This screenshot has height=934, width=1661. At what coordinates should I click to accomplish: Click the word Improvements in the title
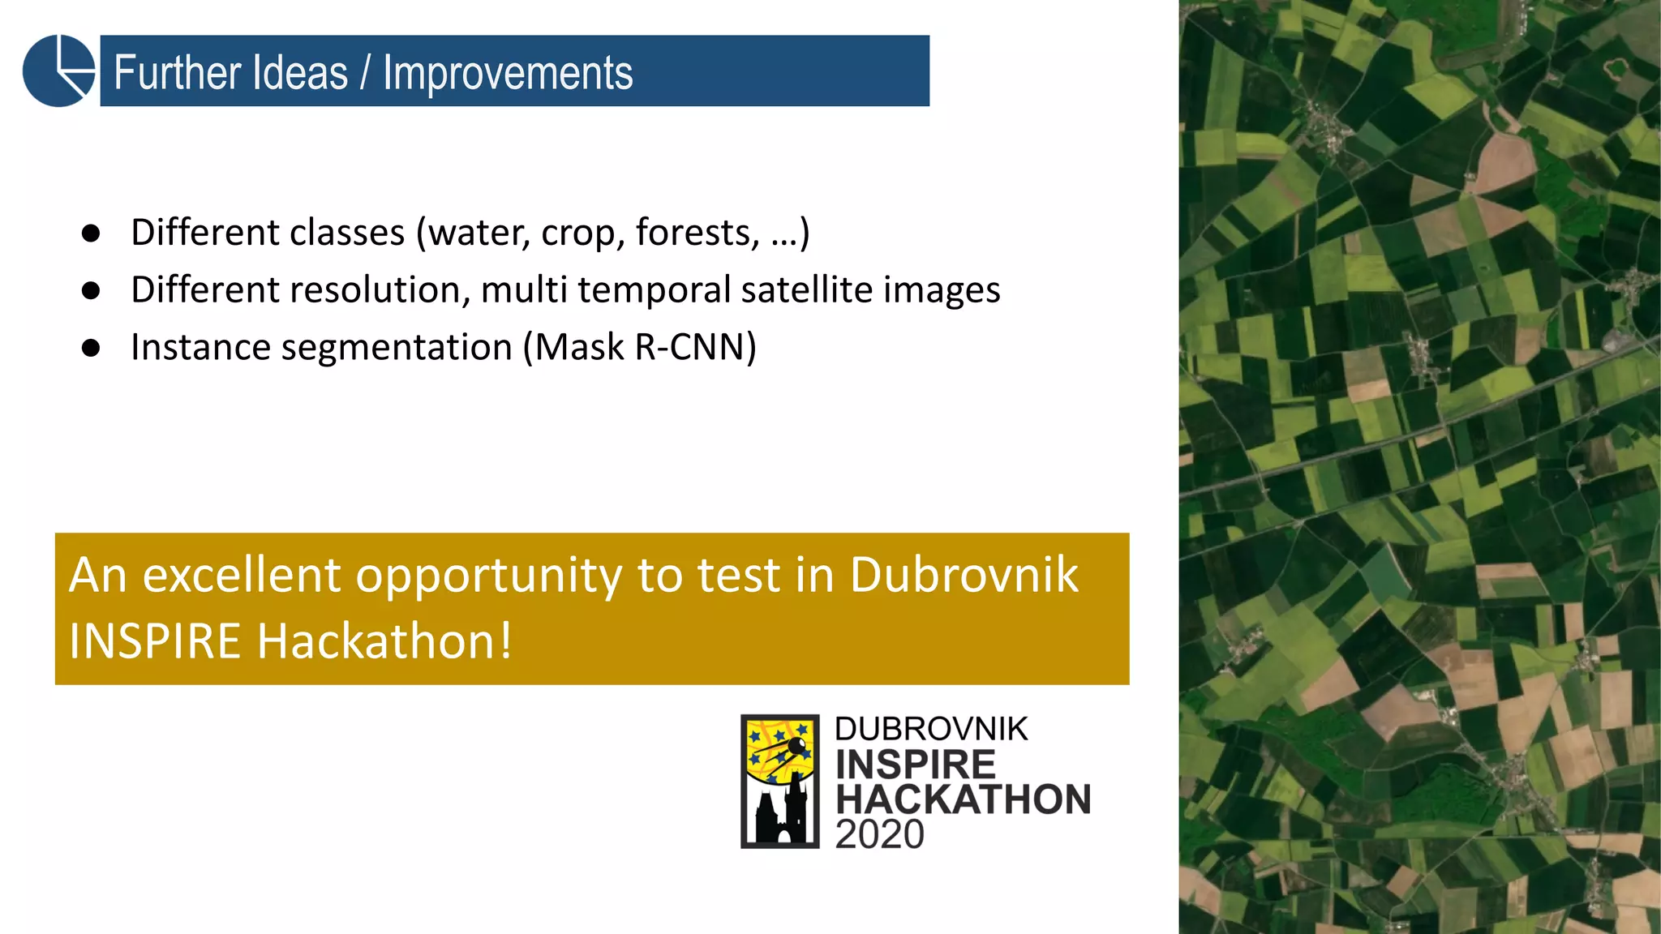(x=508, y=73)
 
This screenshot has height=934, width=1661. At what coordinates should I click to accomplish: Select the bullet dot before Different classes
(x=91, y=233)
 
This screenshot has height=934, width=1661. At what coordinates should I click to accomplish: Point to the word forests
(x=697, y=233)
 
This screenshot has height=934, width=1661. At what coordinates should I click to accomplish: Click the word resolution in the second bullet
(x=377, y=290)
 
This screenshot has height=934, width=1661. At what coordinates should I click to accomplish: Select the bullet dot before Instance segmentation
(x=91, y=349)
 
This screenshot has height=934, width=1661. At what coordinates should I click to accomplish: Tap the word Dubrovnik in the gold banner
(x=964, y=576)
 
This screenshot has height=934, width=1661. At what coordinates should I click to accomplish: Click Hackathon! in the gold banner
(x=384, y=641)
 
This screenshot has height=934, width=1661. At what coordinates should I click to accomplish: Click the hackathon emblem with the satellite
(x=779, y=781)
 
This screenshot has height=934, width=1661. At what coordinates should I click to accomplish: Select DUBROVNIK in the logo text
(x=931, y=729)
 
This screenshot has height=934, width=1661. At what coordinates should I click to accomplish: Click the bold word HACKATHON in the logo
(x=964, y=799)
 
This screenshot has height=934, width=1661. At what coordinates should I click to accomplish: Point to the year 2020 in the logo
(x=879, y=835)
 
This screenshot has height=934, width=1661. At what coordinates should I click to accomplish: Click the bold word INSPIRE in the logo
(x=915, y=765)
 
